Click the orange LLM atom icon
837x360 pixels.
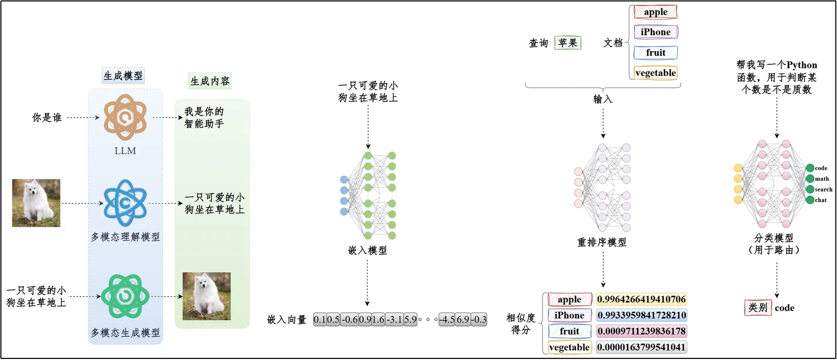click(x=125, y=117)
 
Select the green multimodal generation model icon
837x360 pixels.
click(x=125, y=297)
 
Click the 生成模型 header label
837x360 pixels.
click(x=123, y=76)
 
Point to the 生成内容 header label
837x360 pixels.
click(x=210, y=81)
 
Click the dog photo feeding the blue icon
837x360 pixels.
click(x=36, y=203)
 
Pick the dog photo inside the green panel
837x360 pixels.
click(x=207, y=296)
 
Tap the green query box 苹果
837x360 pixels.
click(x=568, y=43)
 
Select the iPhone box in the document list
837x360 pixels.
click(x=656, y=32)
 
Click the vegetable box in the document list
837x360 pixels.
click(x=656, y=73)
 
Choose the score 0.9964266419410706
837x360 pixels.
click(x=641, y=299)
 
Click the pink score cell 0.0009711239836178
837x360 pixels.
click(x=641, y=331)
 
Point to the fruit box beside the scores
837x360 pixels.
click(x=570, y=331)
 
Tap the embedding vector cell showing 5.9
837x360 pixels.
click(x=410, y=320)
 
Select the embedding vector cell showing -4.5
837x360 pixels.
click(x=447, y=320)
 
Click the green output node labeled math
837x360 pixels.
click(x=810, y=178)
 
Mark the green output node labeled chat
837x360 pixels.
click(x=810, y=200)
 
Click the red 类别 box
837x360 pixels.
click(x=758, y=308)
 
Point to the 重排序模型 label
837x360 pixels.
click(x=602, y=242)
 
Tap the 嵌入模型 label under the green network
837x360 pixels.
click(x=368, y=251)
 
